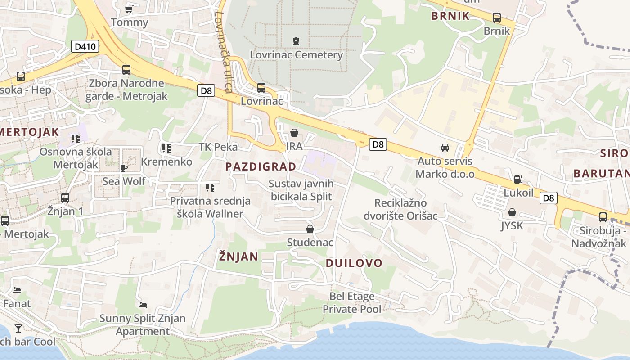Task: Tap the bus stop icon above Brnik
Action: coord(497,18)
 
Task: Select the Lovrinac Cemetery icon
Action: coord(296,41)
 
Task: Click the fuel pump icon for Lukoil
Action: coord(518,180)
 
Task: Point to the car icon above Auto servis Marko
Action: coord(445,147)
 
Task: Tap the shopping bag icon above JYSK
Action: coord(512,212)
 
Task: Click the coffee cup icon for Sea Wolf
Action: coord(124,168)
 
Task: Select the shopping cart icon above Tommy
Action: coord(129,9)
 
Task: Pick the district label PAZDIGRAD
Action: coord(261,166)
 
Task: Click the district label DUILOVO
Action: coord(354,263)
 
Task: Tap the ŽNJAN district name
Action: coord(238,256)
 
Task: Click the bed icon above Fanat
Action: coord(17,290)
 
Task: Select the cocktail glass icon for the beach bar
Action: coord(18,328)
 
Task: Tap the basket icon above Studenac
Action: coord(310,229)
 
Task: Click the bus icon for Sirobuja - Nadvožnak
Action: coord(603,217)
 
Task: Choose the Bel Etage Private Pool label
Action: coord(352,302)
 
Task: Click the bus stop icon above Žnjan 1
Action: coord(65,198)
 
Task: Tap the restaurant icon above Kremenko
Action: coord(166,148)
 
